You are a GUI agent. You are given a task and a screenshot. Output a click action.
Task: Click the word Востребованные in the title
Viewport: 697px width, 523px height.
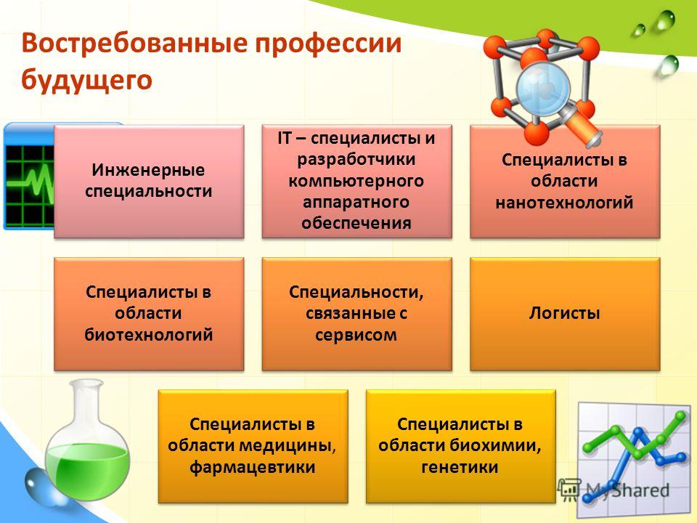(134, 43)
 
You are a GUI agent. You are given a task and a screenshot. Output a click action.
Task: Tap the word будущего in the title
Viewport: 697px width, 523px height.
(86, 81)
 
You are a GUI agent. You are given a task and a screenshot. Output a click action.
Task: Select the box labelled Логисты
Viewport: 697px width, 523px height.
(565, 314)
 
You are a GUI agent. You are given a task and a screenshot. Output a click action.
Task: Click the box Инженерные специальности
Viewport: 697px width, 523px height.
(149, 182)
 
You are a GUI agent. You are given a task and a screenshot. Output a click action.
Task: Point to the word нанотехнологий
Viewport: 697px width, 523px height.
(565, 203)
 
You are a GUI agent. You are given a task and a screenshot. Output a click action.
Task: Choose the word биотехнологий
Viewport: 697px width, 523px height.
(149, 335)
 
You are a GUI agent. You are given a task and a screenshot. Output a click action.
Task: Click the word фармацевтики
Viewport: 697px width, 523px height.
(253, 467)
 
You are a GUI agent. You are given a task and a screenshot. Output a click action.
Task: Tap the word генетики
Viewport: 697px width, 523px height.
(460, 467)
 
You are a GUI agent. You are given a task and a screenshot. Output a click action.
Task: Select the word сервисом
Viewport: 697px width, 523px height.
(356, 335)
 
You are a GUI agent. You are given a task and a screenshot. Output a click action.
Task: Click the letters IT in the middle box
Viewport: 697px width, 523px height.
(284, 138)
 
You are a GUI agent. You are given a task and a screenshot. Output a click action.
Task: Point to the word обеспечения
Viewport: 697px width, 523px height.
(356, 222)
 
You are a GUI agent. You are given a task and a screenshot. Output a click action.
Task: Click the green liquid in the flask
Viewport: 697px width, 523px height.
(87, 468)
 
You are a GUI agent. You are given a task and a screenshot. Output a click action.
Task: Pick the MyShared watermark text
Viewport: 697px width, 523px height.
(627, 490)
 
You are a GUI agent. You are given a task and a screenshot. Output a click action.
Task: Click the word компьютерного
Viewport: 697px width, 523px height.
(356, 181)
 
